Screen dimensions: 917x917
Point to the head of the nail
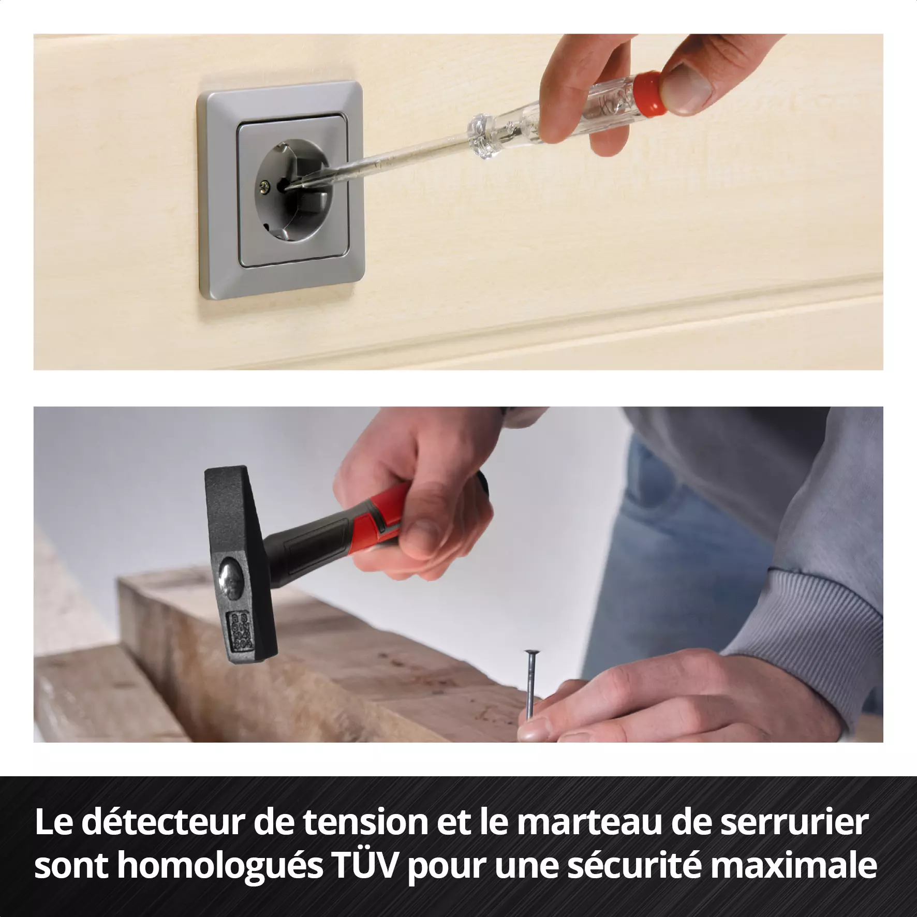[x=531, y=654]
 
